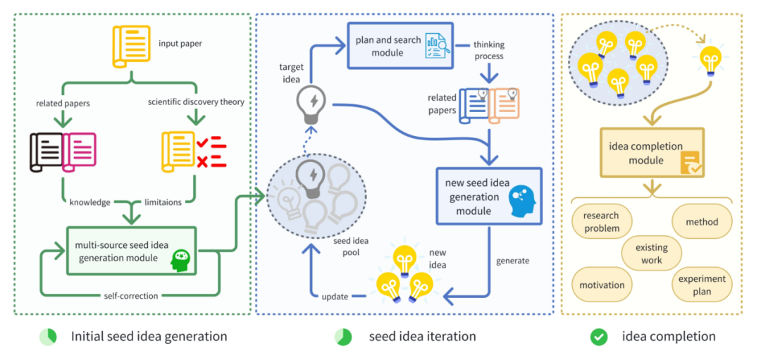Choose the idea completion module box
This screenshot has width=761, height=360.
pos(651,153)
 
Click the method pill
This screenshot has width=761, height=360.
pos(701,221)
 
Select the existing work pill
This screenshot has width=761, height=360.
pos(652,254)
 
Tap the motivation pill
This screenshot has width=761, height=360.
pos(602,285)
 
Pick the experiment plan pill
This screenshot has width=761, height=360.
pos(701,285)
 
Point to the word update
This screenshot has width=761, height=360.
pos(335,297)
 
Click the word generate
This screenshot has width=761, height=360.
pos(512,261)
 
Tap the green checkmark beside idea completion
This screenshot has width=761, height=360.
pos(599,337)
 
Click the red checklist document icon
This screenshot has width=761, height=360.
pos(193,151)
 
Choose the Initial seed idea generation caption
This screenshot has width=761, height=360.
pos(149,337)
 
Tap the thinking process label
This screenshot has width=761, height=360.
pos(488,50)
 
